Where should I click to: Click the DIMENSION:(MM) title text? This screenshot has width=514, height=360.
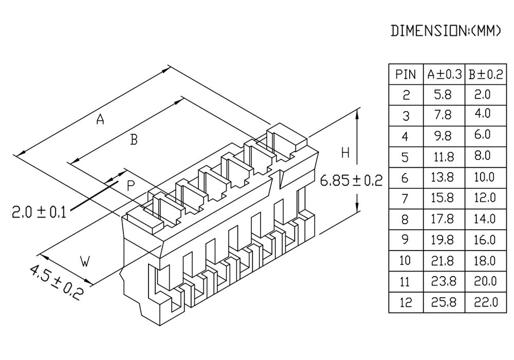446,31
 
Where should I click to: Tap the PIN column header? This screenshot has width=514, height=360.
406,75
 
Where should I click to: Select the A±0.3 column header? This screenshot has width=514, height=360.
444,75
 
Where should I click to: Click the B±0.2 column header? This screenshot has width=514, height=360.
485,75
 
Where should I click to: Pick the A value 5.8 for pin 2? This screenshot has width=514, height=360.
443,95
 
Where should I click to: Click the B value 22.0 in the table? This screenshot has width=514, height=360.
485,302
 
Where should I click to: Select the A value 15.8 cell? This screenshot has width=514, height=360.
443,198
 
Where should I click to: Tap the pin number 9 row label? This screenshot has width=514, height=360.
406,240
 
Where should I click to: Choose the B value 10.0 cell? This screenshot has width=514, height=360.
485,177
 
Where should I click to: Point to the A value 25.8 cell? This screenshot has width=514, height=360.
443,302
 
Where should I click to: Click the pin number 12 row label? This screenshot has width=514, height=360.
406,302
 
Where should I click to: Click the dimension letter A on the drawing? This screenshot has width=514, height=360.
100,120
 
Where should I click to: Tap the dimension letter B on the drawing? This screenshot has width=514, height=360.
134,139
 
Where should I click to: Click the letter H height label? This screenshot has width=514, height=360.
345,153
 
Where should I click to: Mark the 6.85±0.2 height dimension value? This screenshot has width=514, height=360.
352,181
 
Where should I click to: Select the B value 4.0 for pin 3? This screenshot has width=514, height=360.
485,114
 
